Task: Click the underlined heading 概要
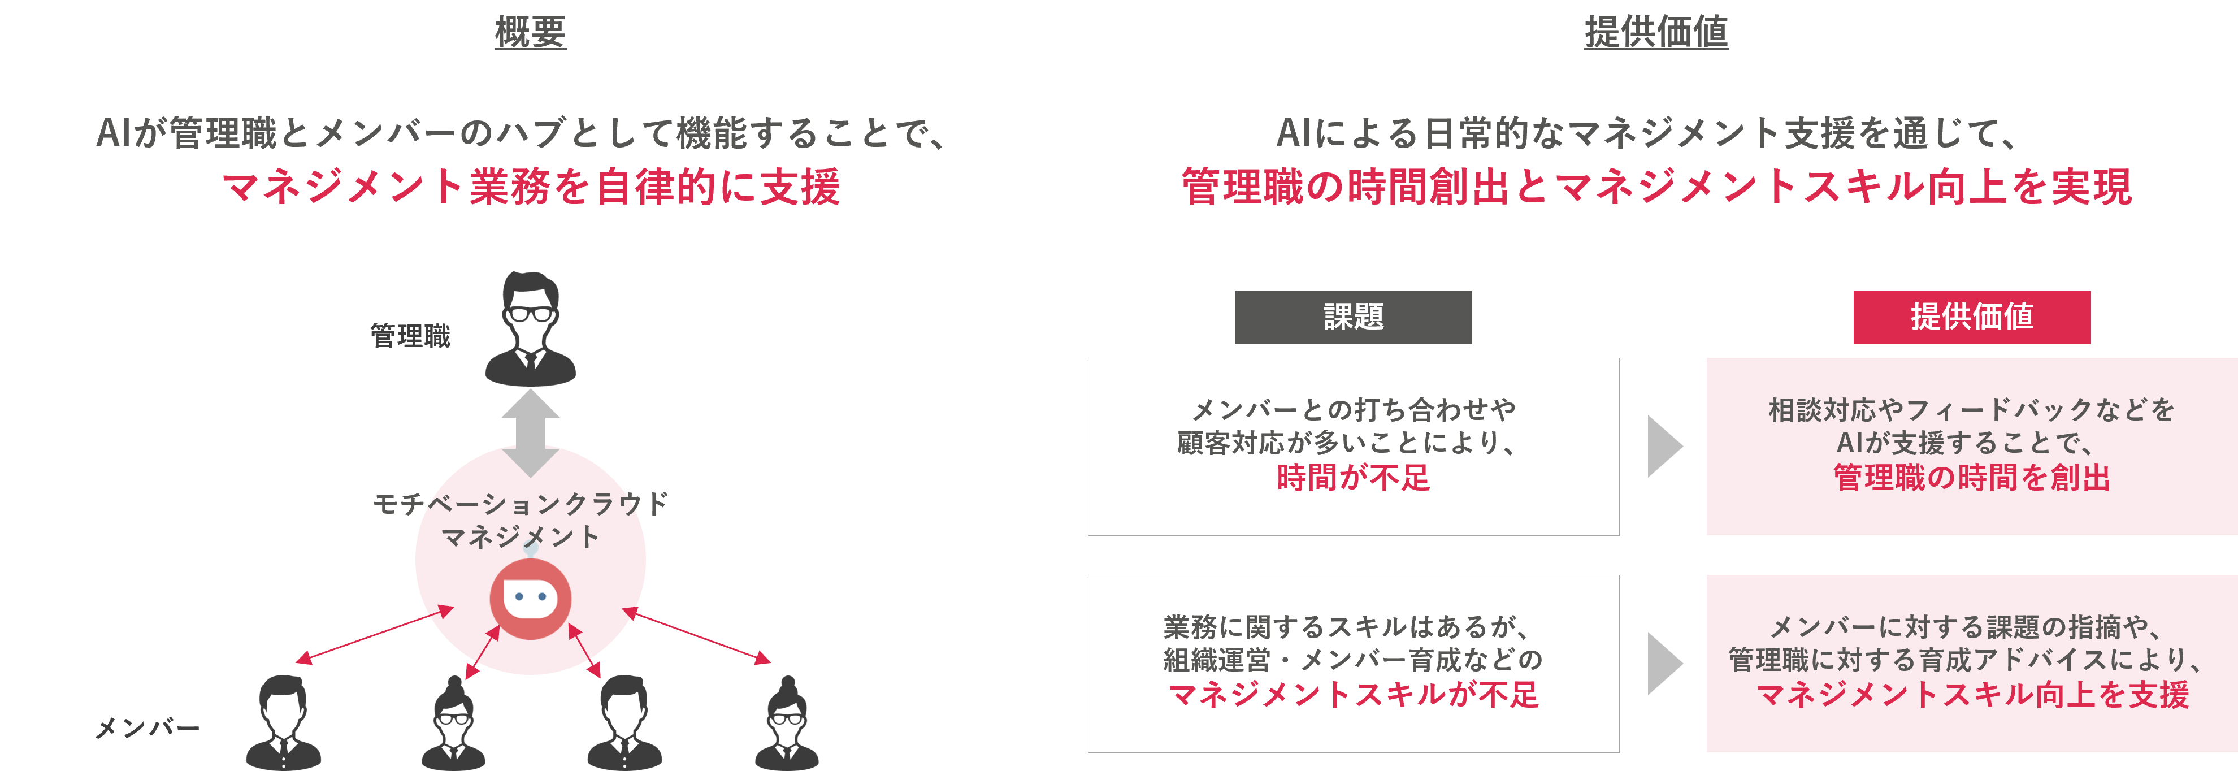(531, 32)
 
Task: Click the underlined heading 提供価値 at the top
(1656, 32)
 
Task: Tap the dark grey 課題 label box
(1353, 317)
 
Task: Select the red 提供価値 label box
(1971, 317)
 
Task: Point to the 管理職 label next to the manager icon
(410, 336)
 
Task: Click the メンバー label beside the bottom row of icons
(147, 727)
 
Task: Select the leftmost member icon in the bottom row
(283, 722)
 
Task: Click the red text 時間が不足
(1353, 477)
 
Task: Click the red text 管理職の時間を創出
(1971, 477)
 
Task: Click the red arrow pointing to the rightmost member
(697, 635)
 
